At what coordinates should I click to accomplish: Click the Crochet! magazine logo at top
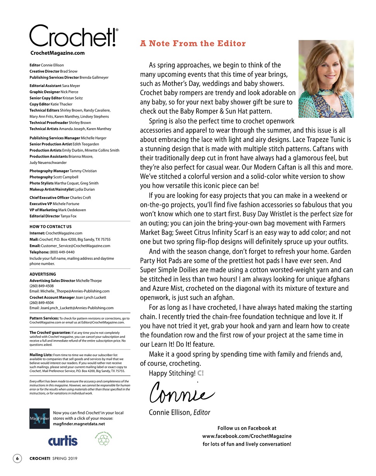click(74, 36)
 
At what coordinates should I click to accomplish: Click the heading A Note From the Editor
click(193, 43)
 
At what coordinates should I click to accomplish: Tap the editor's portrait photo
click(326, 79)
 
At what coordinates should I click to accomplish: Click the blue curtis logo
click(63, 441)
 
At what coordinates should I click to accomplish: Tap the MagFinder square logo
click(39, 419)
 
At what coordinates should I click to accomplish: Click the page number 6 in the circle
click(17, 459)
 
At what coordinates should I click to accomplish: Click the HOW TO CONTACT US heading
click(50, 226)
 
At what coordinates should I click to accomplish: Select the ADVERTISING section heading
click(43, 274)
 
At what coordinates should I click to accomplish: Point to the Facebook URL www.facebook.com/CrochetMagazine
click(247, 436)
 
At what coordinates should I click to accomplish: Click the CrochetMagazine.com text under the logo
click(57, 53)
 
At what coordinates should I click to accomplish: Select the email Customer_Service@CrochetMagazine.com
click(76, 246)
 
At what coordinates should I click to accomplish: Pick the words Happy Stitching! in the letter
click(172, 374)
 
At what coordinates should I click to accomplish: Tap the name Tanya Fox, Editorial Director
click(69, 216)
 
